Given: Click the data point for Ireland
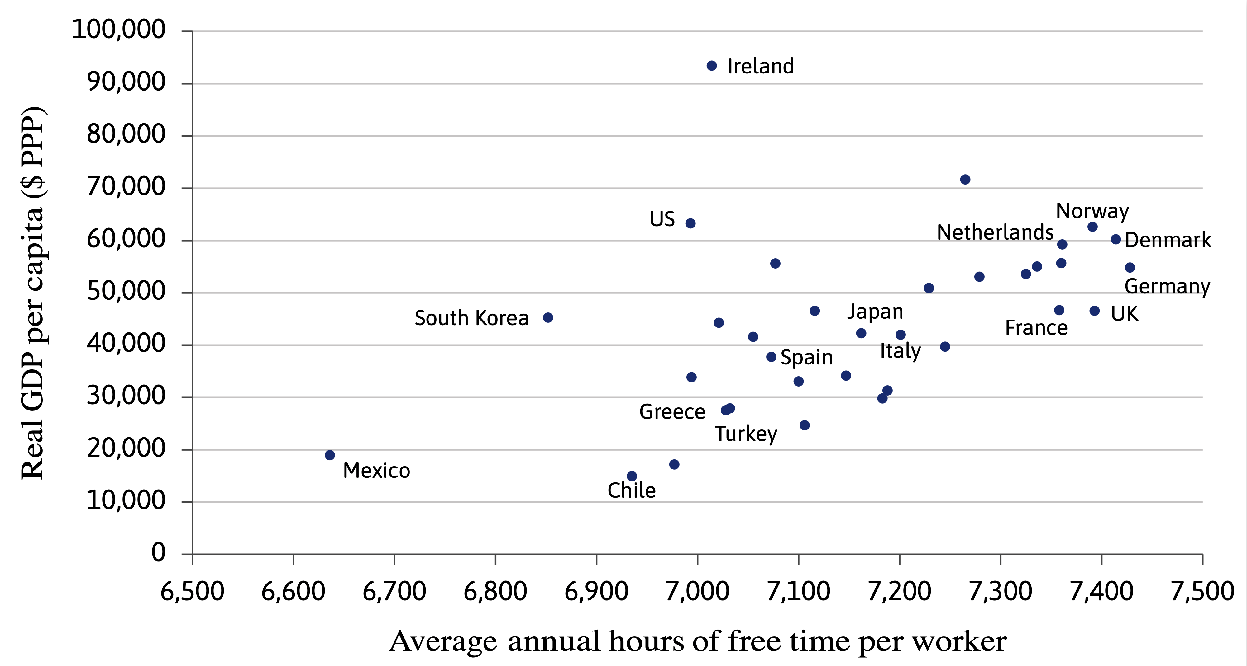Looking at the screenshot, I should pos(711,66).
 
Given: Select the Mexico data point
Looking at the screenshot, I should pos(330,455).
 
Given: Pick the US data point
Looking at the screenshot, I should pos(690,223).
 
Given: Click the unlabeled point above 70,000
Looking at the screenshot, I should pos(965,180).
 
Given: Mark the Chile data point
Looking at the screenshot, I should pos(632,476).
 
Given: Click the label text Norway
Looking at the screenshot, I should pos(1092,211).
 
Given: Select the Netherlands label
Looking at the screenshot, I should pos(995,233).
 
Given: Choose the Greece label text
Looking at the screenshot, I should pos(672,412).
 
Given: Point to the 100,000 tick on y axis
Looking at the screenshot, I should pos(118,30).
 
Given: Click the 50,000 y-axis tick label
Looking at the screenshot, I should pos(125,291).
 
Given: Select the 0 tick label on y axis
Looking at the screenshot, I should pos(158,552).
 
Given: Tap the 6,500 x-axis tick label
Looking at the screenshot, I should pos(192,591).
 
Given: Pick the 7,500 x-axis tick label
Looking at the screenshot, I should pos(1202,591).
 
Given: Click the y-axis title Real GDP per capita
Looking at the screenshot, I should pos(33,293).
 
